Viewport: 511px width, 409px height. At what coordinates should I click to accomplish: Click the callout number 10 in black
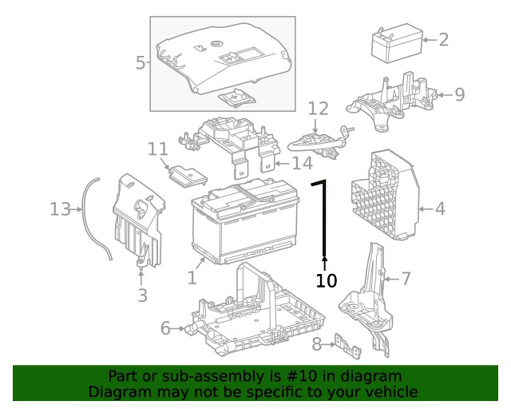tap(327, 280)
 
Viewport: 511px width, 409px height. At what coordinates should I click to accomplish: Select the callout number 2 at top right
tap(444, 38)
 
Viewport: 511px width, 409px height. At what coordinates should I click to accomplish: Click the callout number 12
tap(318, 108)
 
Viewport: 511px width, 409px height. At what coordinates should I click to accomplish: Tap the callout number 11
tap(157, 149)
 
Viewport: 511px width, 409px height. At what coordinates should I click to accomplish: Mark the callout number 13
tap(60, 209)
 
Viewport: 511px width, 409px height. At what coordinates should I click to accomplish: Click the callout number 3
tap(141, 296)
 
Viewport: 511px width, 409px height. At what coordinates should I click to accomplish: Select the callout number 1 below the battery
tap(192, 277)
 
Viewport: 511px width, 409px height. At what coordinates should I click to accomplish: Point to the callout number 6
tap(165, 328)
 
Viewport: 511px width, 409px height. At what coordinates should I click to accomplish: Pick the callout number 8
tap(316, 344)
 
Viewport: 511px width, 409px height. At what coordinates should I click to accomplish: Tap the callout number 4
tap(440, 209)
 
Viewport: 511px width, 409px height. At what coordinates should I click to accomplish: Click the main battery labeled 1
tap(244, 224)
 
